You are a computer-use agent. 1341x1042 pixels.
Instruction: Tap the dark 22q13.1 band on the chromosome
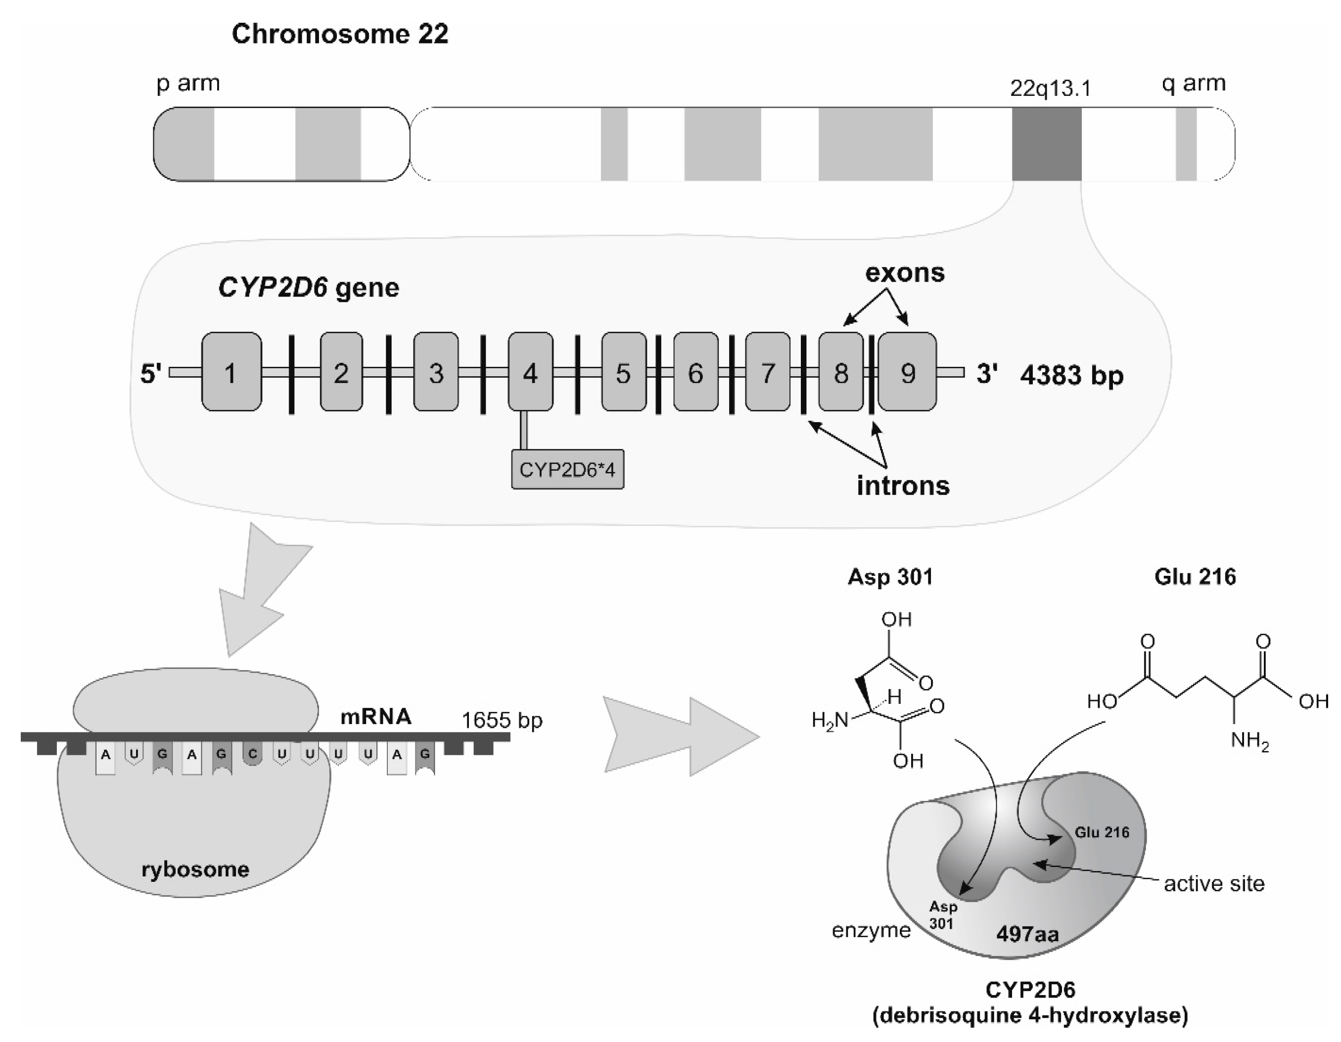point(1046,144)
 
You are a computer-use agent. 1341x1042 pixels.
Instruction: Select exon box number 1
point(231,372)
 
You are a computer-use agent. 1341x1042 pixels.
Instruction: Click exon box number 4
point(530,372)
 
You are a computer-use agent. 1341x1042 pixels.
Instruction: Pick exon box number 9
point(908,372)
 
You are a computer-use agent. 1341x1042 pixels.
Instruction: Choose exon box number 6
point(695,372)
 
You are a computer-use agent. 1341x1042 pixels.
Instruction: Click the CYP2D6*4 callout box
point(567,470)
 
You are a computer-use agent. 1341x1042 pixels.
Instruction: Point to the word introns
point(903,486)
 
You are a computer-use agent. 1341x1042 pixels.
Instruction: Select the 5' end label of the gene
point(151,373)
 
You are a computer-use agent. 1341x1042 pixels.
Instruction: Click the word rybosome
point(195,869)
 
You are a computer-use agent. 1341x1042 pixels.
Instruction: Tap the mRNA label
point(376,717)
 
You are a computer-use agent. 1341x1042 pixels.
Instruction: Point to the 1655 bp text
point(502,720)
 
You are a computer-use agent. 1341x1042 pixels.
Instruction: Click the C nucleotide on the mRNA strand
point(252,754)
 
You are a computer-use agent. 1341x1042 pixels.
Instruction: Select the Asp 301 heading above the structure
point(890,577)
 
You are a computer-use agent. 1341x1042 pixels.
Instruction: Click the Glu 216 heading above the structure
point(1195,577)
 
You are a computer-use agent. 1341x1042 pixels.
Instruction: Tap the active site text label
point(1214,884)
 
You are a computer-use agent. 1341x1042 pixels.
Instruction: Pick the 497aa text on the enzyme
point(1027,934)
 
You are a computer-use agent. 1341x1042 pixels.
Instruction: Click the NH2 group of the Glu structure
point(1249,742)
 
